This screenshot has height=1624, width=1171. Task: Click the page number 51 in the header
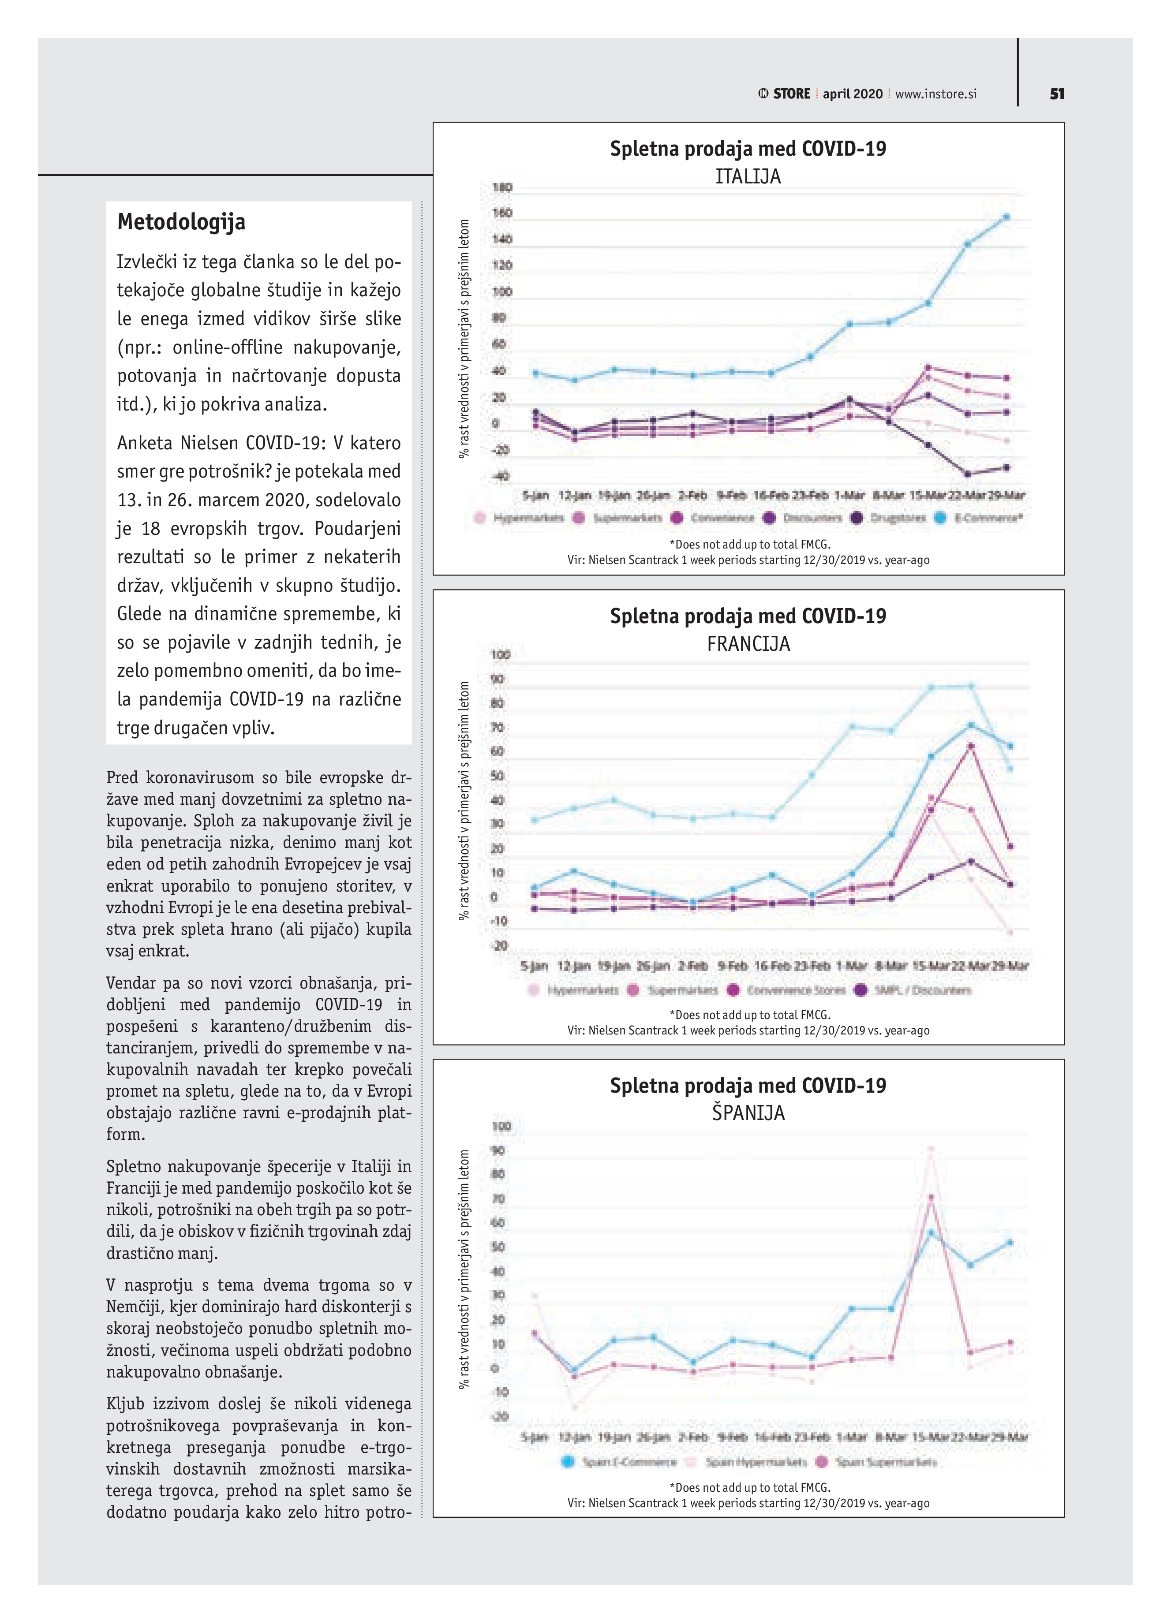1057,94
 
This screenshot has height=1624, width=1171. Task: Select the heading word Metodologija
181,222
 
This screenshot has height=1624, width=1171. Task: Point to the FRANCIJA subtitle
748,644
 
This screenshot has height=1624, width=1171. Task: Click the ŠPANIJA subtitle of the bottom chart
748,1113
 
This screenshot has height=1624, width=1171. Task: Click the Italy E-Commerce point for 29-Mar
1006,217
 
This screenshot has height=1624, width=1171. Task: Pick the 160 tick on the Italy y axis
502,213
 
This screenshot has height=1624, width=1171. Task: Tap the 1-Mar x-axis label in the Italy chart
850,495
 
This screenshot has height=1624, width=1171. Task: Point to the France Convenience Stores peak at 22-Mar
970,746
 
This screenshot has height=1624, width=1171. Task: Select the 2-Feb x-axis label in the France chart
692,966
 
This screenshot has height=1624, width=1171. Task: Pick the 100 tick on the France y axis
501,654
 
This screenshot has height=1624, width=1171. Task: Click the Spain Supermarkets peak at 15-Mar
930,1197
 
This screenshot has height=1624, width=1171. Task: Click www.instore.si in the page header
935,94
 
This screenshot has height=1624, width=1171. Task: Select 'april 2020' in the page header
852,94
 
